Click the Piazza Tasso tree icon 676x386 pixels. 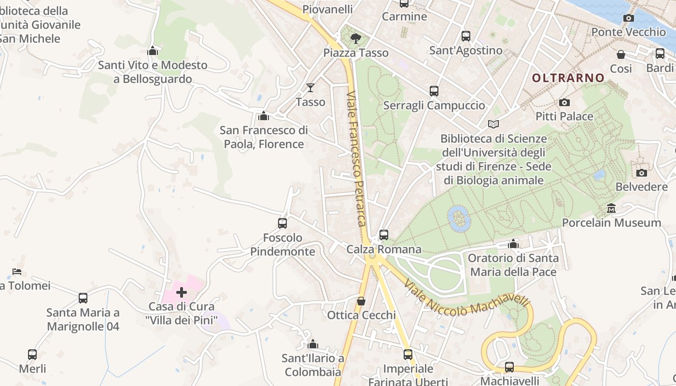coord(356,38)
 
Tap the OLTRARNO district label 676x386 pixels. coord(568,78)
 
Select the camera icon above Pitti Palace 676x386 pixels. coord(564,102)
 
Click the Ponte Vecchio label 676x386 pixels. coord(628,32)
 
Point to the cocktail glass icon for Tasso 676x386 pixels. coord(310,88)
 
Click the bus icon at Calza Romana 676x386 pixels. coord(384,235)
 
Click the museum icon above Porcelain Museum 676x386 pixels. coord(611,208)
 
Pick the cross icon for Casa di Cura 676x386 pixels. coord(182,292)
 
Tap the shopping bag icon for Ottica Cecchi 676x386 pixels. coord(361,301)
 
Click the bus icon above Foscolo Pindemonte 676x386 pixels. coord(282,223)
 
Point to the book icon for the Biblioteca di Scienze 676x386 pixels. coord(493,124)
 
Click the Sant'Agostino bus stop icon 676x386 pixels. coord(465,36)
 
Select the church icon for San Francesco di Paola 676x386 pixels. coord(264,116)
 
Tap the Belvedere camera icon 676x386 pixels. coord(641,173)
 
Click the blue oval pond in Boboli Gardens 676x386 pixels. coord(459,218)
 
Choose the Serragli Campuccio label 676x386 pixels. coord(434,105)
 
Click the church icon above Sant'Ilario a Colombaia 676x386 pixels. coord(313,344)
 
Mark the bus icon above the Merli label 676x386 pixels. coord(32,355)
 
